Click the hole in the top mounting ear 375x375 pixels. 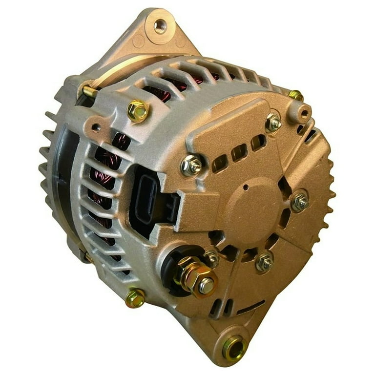click(x=160, y=25)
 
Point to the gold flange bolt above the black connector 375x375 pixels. click(x=138, y=110)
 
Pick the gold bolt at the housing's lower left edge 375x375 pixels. click(x=135, y=298)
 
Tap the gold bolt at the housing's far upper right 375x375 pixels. click(x=295, y=95)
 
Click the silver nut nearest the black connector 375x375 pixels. click(x=192, y=166)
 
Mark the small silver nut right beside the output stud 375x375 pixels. click(x=211, y=257)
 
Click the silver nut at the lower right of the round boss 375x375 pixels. click(x=264, y=262)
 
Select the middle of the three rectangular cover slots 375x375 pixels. click(x=239, y=152)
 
